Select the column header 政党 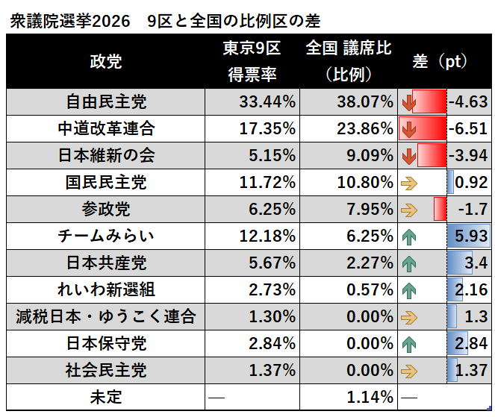pyautogui.click(x=105, y=62)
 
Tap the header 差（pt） pyautogui.click(x=440, y=62)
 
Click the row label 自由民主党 pyautogui.click(x=105, y=101)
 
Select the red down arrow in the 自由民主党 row pyautogui.click(x=408, y=101)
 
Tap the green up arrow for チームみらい pyautogui.click(x=408, y=237)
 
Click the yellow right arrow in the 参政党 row pyautogui.click(x=408, y=210)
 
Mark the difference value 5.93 pyautogui.click(x=470, y=237)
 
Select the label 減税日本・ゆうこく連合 pyautogui.click(x=105, y=318)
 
